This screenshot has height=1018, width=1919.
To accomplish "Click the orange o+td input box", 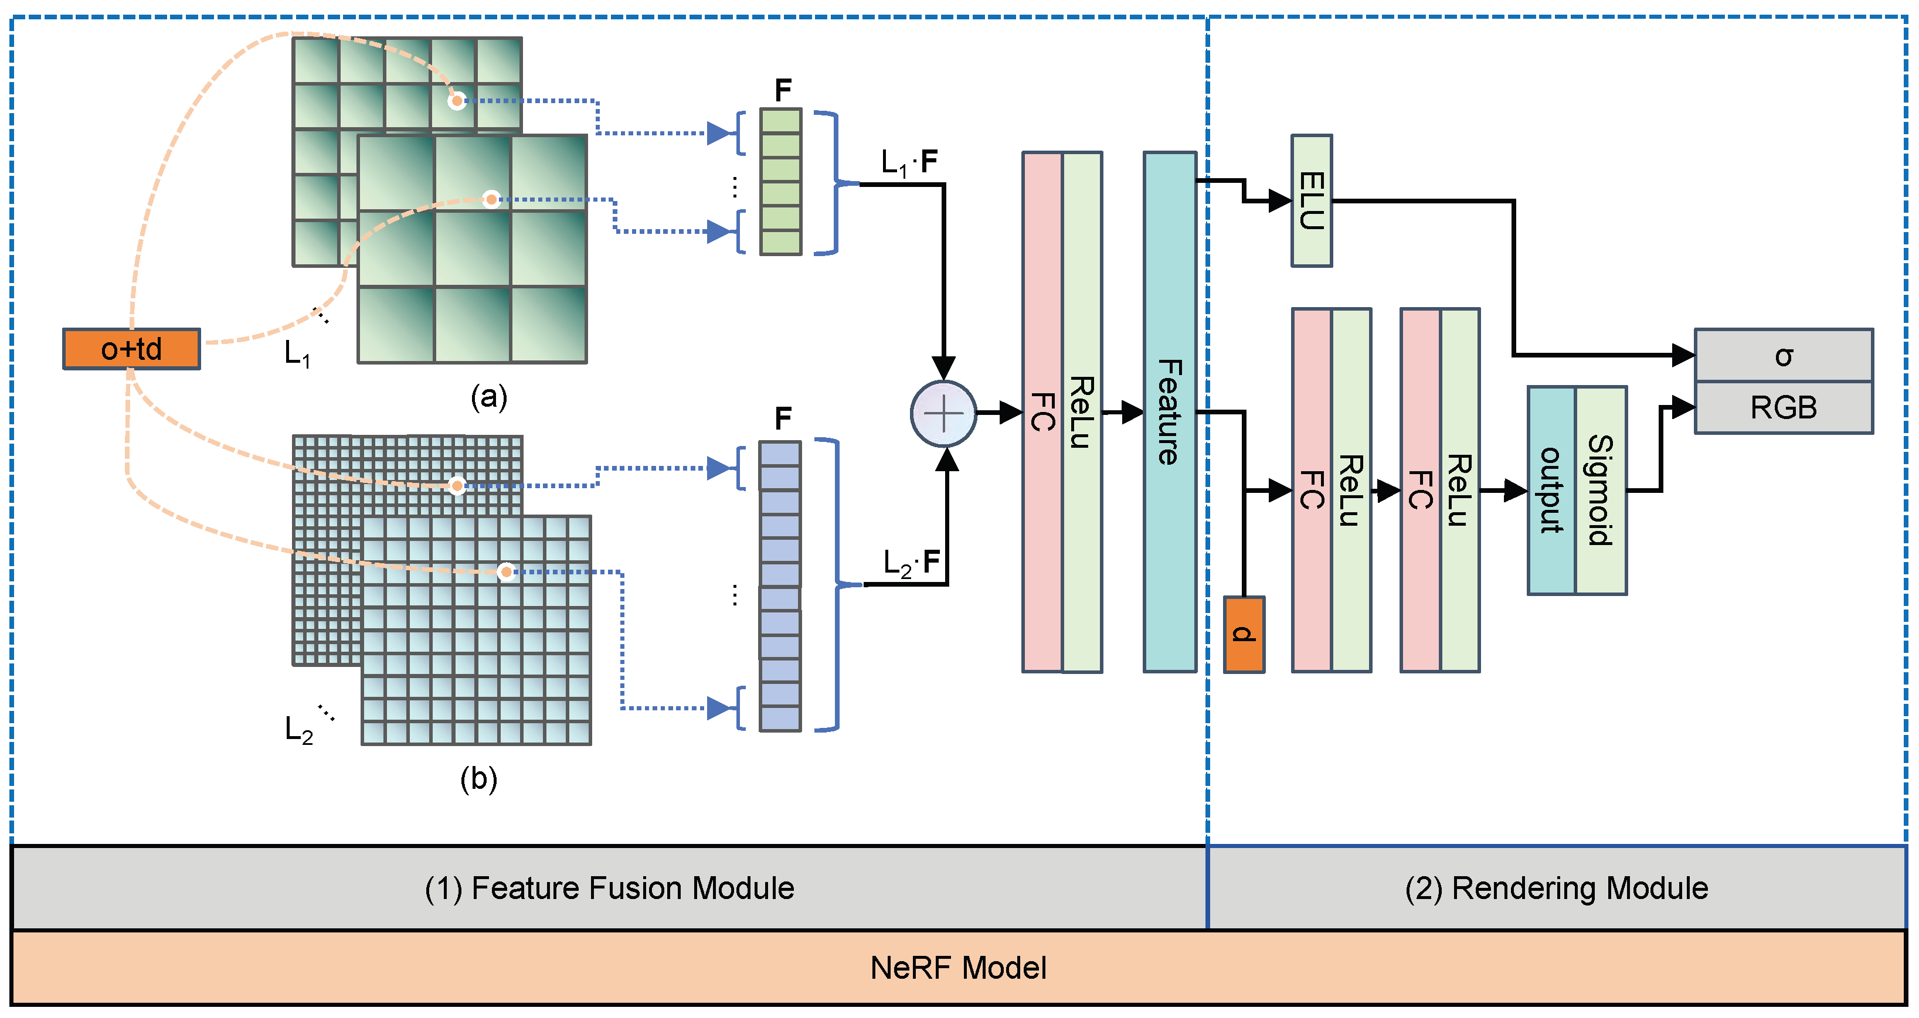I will pos(131,349).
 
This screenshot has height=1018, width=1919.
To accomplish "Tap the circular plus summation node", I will pos(943,413).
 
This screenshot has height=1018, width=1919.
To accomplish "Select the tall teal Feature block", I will pos(1170,412).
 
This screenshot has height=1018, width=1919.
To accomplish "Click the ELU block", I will pos(1311,200).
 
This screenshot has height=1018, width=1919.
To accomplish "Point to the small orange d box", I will pos(1244,635).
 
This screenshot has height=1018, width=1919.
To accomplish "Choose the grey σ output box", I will pos(1784,355).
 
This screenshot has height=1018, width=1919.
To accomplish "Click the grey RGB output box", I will pos(1784,407).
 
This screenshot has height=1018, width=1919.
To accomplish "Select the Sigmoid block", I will pos(1600,490).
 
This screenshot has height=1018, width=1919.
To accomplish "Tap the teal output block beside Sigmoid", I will pos(1551,490).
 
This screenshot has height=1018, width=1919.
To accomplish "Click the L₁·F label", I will pos(909,162).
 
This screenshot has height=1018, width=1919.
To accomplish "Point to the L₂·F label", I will pos(911,563).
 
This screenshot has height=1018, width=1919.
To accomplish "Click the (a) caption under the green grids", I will pos(488,397).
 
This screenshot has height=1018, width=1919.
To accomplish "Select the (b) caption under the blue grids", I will pos(478,779).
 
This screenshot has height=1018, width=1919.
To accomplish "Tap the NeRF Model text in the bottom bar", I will pos(958,968).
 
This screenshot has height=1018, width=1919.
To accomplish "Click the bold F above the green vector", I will pos(782,91).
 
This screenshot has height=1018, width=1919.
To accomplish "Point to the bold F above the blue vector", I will pos(782,418).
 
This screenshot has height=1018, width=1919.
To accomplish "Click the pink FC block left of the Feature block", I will pos(1041,412).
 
